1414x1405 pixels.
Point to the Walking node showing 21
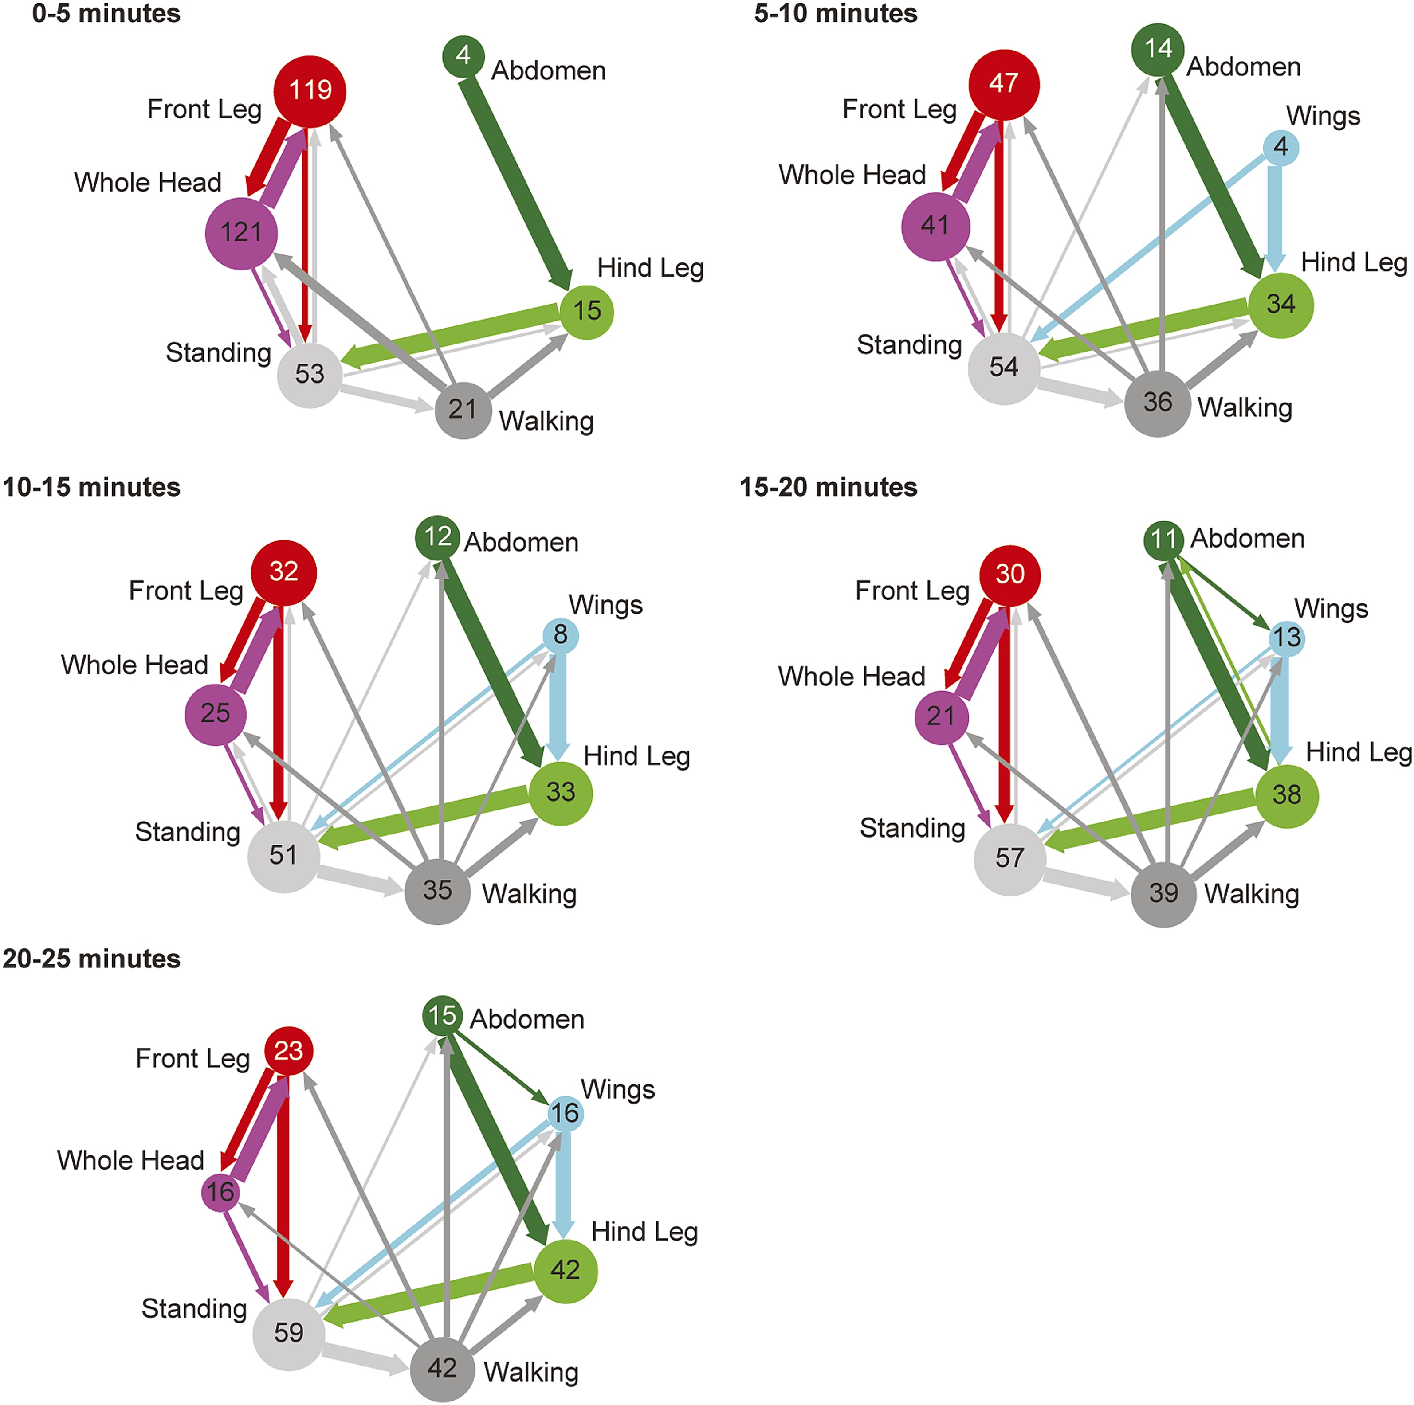click(463, 410)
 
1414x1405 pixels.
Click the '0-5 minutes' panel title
click(106, 14)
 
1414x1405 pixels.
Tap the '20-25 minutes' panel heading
click(91, 959)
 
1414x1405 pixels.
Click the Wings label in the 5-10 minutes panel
click(1323, 116)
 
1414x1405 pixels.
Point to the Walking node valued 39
click(1163, 893)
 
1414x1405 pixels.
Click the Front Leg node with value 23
click(288, 1051)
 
